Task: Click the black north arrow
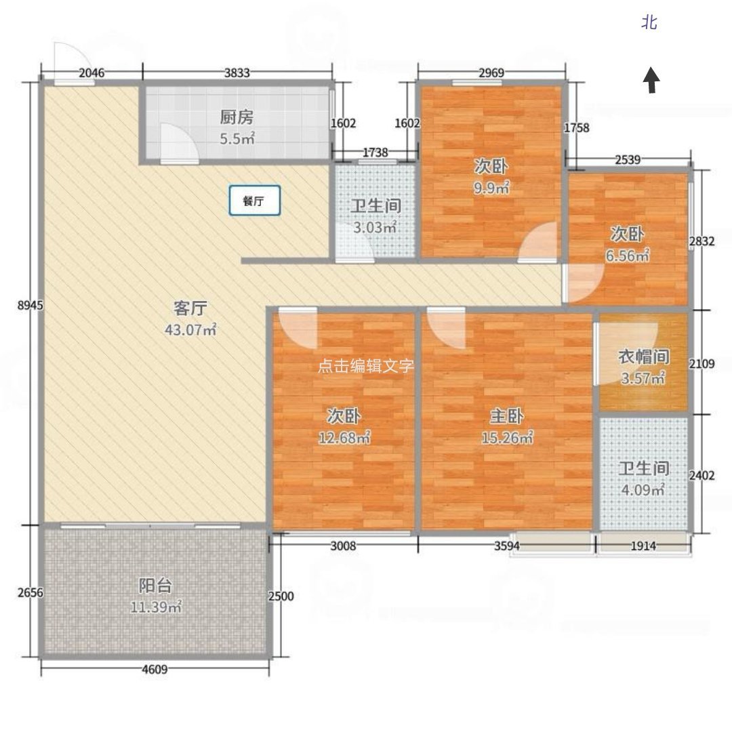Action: pos(651,81)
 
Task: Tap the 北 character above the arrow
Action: pos(649,22)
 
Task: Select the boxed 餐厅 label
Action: pos(254,200)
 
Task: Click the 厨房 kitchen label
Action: pos(237,117)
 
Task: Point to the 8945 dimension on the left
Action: pos(30,305)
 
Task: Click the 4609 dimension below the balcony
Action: pos(155,669)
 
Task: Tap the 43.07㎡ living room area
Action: pos(190,329)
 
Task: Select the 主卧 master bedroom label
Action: pos(506,415)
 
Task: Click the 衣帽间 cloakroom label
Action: pos(644,357)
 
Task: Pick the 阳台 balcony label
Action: pos(155,585)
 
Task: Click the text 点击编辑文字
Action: pos(366,365)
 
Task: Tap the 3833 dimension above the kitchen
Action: pos(237,73)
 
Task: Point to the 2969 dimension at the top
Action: pos(491,73)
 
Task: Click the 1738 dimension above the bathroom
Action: pos(375,152)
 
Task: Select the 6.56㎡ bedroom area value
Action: pos(628,256)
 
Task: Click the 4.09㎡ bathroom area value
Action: pos(643,490)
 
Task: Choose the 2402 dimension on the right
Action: pos(701,475)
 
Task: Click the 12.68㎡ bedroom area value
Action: pos(344,437)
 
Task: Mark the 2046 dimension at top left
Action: pos(91,73)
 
